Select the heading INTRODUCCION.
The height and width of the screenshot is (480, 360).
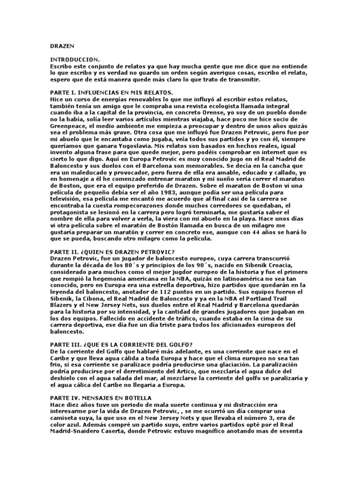(x=75, y=60)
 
